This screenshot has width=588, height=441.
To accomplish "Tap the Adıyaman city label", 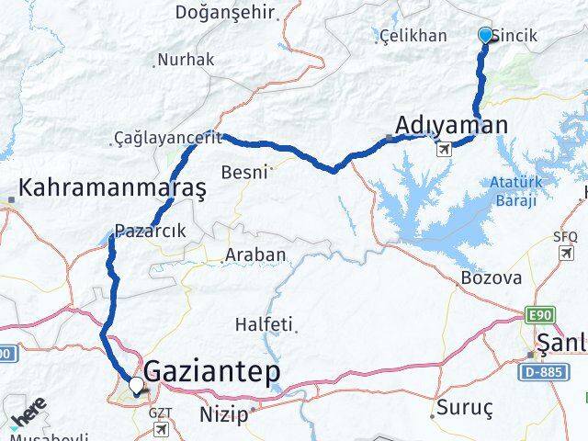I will (x=450, y=124).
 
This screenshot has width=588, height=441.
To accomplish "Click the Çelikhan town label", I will (x=415, y=36).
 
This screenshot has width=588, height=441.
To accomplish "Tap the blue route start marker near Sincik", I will (x=486, y=35).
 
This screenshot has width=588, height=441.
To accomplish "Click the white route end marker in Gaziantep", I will (x=137, y=387).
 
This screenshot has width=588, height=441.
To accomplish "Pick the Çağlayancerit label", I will (x=163, y=138).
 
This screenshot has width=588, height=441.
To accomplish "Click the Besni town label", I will (x=244, y=171).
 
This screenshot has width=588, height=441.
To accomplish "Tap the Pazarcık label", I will (x=147, y=232).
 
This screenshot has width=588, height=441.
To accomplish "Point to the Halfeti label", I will (x=264, y=324).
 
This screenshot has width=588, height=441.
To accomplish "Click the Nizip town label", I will (x=223, y=414).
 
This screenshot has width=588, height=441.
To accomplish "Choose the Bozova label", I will (x=492, y=277).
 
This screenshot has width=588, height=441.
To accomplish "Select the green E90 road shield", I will (x=539, y=316).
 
